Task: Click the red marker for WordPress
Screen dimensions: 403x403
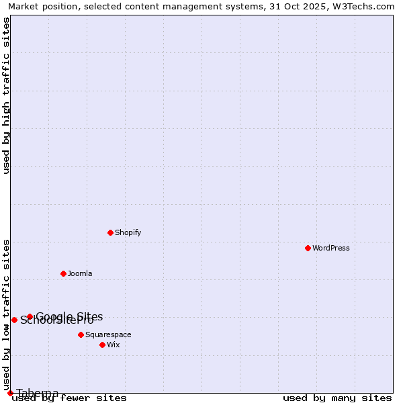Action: (x=308, y=248)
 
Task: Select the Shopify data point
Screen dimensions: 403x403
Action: (x=110, y=232)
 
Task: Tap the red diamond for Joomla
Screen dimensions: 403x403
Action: (x=63, y=273)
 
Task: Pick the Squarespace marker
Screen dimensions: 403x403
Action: (x=81, y=334)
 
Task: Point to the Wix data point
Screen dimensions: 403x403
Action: (x=102, y=345)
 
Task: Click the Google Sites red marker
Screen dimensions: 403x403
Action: (x=30, y=316)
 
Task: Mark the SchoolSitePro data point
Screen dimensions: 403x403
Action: (x=14, y=320)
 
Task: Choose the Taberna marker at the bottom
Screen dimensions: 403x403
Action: (x=10, y=393)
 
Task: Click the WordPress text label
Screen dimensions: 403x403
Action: (x=331, y=248)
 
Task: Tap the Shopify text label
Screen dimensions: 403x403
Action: (x=128, y=232)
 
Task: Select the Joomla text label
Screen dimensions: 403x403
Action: (x=80, y=273)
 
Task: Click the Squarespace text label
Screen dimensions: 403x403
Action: (x=108, y=334)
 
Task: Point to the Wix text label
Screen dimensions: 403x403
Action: (x=114, y=345)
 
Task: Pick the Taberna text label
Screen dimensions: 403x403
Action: (x=38, y=393)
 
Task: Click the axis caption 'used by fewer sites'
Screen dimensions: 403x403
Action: (x=69, y=398)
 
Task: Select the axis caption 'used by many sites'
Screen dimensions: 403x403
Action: (x=337, y=398)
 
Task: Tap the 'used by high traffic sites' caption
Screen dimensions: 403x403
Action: (x=6, y=95)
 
